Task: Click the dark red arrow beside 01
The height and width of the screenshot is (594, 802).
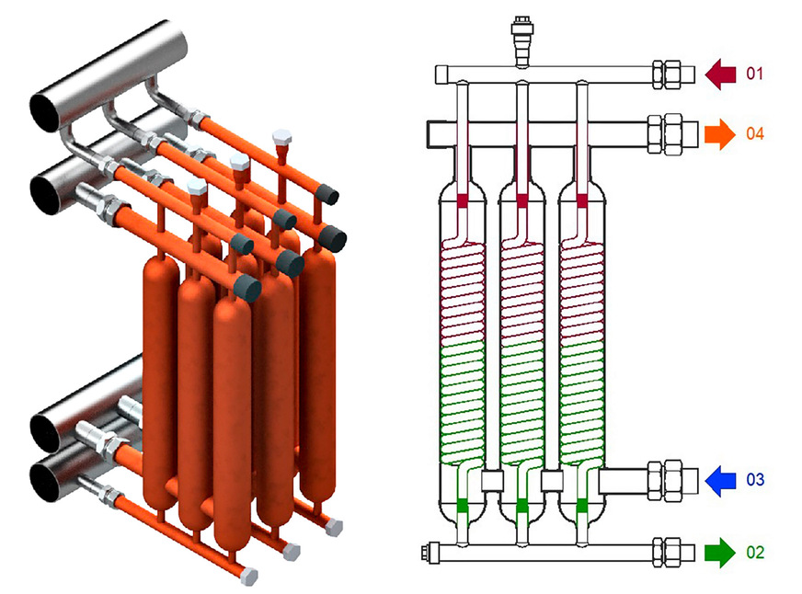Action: pyautogui.click(x=722, y=73)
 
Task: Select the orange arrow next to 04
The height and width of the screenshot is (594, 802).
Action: pyautogui.click(x=719, y=134)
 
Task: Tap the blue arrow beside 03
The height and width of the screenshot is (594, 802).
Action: pyautogui.click(x=722, y=480)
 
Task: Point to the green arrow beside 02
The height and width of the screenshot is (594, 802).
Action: pyautogui.click(x=719, y=553)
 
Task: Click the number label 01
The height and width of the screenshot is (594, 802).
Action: pyautogui.click(x=754, y=73)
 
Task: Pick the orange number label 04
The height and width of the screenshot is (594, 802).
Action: pyautogui.click(x=754, y=134)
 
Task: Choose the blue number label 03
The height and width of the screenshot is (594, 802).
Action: pyautogui.click(x=754, y=480)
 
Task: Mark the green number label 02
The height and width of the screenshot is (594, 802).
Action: pyautogui.click(x=754, y=553)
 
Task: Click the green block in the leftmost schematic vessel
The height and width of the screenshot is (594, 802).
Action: pyautogui.click(x=462, y=506)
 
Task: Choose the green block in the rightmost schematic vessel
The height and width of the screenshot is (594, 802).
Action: pyautogui.click(x=582, y=506)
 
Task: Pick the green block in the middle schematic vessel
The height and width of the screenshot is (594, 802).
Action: pyautogui.click(x=522, y=506)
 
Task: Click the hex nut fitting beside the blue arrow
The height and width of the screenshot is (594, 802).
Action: pyautogui.click(x=670, y=479)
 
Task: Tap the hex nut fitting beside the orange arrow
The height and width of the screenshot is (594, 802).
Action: pyautogui.click(x=670, y=133)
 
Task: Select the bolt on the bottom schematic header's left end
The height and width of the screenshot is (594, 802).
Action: pyautogui.click(x=429, y=553)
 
